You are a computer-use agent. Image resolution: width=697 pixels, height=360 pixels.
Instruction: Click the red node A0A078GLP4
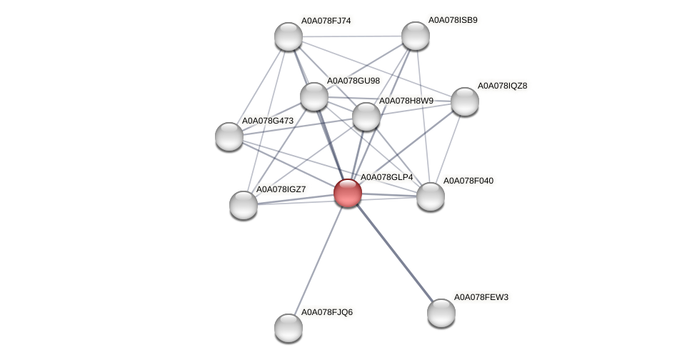(348, 192)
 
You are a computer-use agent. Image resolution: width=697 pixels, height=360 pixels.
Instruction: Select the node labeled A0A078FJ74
(289, 36)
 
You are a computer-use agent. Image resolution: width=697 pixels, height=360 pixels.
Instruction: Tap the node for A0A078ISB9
(415, 36)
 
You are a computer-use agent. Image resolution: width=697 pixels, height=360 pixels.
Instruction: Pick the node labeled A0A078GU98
(314, 96)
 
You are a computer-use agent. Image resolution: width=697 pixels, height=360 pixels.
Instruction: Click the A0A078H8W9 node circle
(366, 116)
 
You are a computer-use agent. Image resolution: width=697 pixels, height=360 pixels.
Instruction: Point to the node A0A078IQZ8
(464, 101)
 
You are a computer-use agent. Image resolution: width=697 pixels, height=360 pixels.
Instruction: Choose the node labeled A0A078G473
(229, 136)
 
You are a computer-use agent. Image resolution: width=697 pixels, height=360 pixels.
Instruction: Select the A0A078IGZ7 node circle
(244, 205)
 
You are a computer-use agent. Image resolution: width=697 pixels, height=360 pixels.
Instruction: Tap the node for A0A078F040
(430, 196)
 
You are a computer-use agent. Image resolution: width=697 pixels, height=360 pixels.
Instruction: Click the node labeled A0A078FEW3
(441, 312)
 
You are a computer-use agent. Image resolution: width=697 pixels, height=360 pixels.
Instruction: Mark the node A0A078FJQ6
(289, 328)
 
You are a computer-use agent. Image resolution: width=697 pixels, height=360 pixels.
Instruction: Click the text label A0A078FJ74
(326, 21)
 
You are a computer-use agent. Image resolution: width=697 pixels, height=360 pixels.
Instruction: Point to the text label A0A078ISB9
(453, 20)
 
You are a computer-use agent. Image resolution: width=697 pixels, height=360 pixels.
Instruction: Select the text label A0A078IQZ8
(502, 86)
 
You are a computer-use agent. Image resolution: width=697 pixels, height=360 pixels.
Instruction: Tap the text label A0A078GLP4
(386, 176)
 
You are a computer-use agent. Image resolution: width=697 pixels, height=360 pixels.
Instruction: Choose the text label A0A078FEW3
(481, 296)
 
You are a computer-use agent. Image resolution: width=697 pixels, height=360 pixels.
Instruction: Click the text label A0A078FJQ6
(326, 312)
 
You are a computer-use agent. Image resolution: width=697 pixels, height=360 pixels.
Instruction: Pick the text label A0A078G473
(267, 121)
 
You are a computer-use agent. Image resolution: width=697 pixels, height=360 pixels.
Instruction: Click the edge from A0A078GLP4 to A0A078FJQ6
(319, 259)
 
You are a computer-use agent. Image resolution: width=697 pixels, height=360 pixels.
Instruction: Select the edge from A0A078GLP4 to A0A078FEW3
(394, 252)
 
